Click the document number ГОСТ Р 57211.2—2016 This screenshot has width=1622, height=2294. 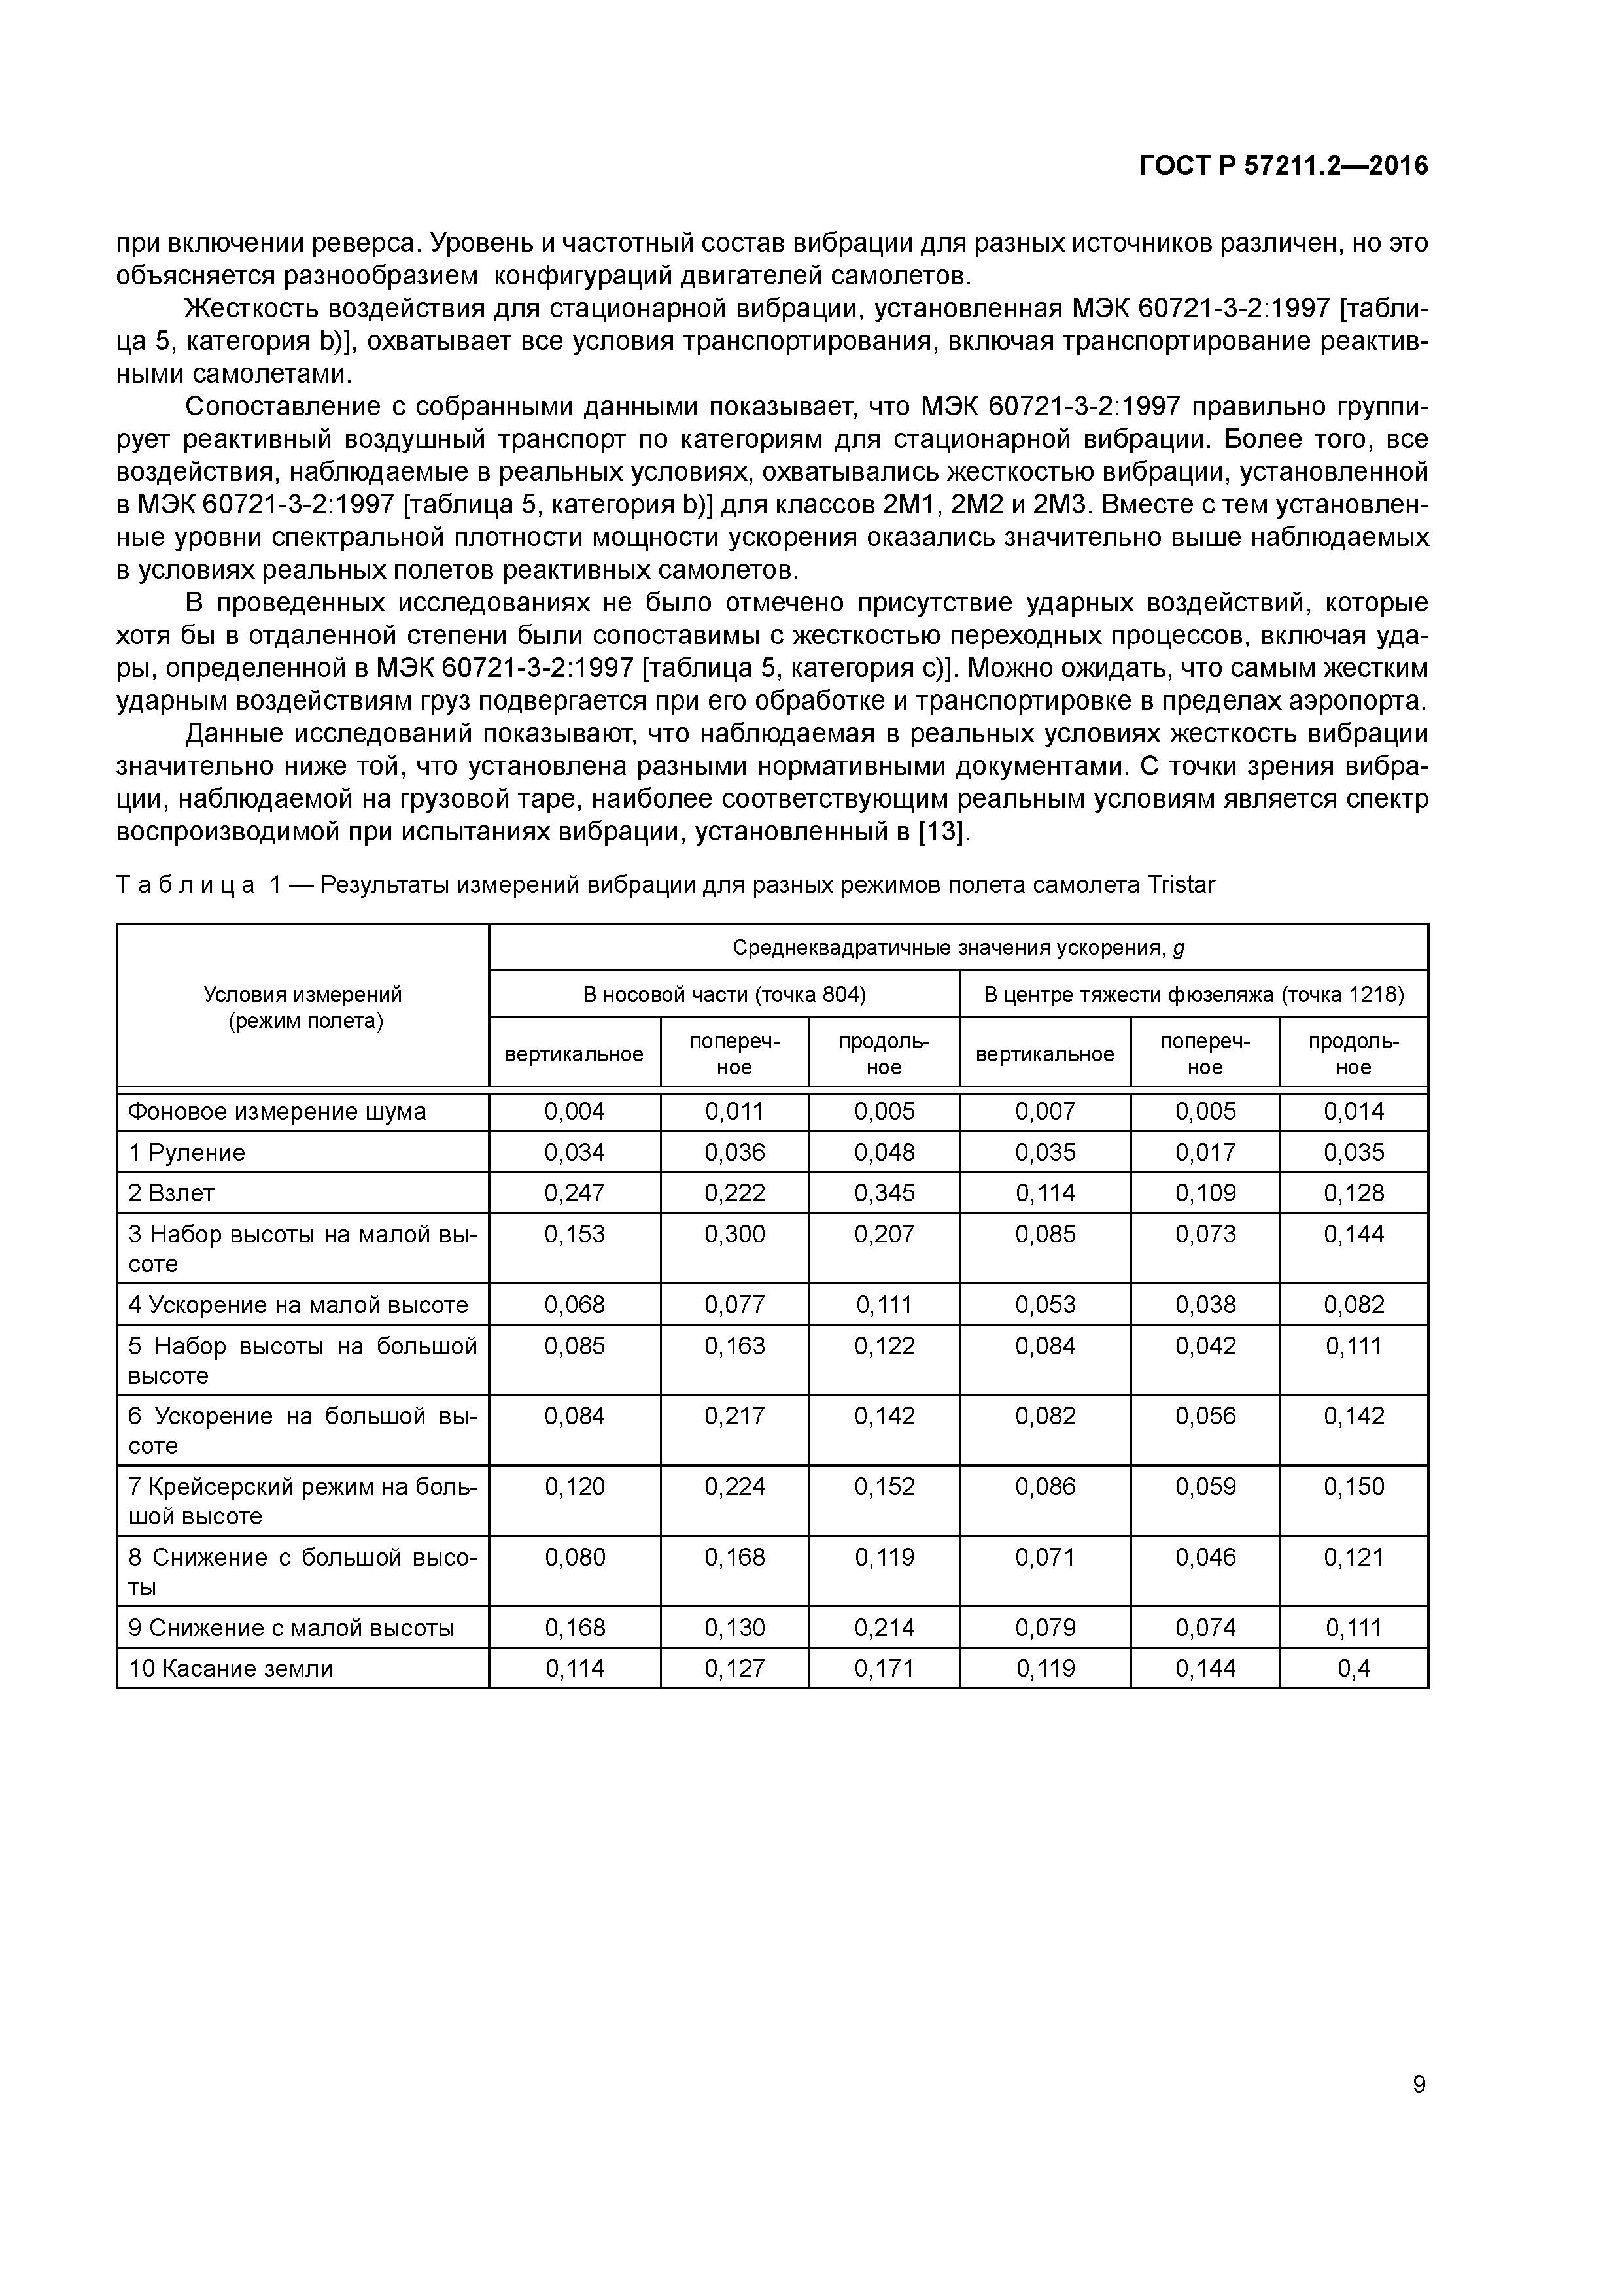point(1283,166)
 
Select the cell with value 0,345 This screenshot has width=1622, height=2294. point(884,1193)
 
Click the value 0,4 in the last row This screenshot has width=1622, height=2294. point(1353,1669)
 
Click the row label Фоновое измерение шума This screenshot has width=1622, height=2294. point(277,1111)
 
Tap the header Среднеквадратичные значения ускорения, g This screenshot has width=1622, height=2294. point(958,947)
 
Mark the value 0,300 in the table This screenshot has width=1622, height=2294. point(734,1234)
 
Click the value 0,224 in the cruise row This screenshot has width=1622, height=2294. point(734,1486)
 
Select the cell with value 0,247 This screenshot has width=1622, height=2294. point(575,1193)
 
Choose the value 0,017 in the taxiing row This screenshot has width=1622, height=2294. point(1205,1152)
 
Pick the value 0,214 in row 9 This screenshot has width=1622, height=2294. point(884,1628)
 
